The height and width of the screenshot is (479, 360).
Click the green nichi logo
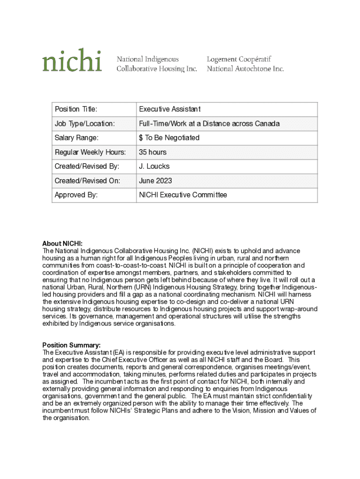(x=72, y=60)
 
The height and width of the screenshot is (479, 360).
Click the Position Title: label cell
(x=76, y=109)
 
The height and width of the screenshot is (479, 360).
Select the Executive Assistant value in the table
(x=170, y=109)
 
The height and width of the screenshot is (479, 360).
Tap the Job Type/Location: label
(x=85, y=124)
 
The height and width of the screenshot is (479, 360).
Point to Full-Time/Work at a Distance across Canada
(x=209, y=124)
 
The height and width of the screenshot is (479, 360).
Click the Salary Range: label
(x=77, y=138)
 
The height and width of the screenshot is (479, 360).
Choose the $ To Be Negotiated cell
(x=169, y=138)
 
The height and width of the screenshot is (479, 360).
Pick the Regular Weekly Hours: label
(x=90, y=152)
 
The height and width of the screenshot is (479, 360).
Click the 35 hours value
(x=152, y=152)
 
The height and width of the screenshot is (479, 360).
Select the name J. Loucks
(x=154, y=167)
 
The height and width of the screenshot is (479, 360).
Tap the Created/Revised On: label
(x=87, y=181)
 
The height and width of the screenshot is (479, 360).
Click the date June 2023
(x=155, y=181)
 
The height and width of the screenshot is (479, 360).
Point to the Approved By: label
(x=76, y=195)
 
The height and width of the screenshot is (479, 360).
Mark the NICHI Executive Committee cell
(x=183, y=195)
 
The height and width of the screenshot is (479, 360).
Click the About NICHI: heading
(x=62, y=244)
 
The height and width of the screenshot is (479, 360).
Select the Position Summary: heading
(x=71, y=345)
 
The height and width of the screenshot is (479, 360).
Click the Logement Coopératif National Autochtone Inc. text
(x=245, y=64)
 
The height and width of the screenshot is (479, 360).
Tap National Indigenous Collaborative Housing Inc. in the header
(x=157, y=64)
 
